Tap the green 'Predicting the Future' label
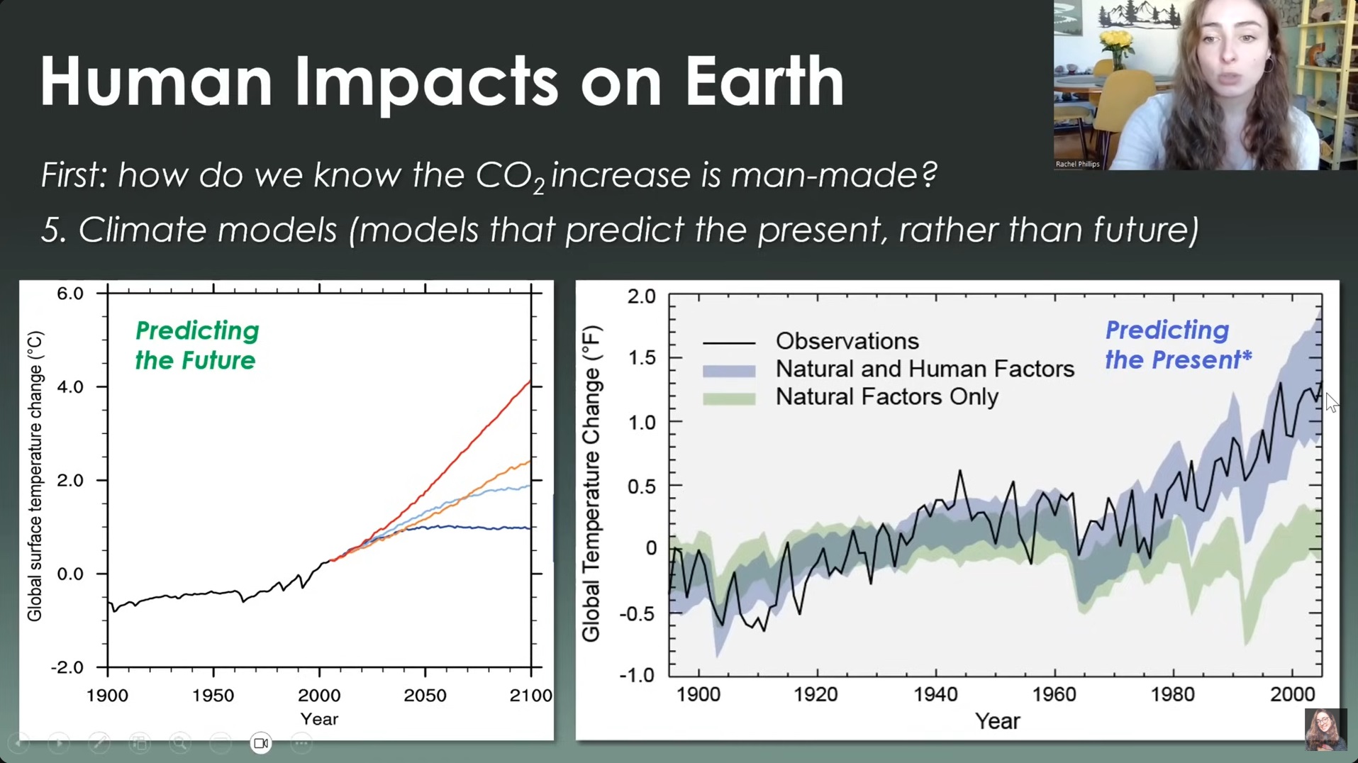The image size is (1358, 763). tap(196, 345)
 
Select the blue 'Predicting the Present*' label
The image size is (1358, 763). tap(1178, 345)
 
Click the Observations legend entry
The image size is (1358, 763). tap(847, 341)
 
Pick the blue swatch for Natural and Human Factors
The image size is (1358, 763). tap(728, 370)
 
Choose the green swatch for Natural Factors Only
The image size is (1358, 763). tap(728, 398)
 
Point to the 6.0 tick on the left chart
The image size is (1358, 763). tap(70, 294)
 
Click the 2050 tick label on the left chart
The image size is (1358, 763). tap(425, 696)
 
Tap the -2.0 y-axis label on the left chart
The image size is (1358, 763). tap(67, 667)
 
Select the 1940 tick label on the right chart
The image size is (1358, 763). tap(935, 694)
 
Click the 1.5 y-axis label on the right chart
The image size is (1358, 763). tap(642, 358)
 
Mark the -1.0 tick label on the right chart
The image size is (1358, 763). tap(637, 675)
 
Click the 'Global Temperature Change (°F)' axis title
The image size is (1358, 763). tap(591, 484)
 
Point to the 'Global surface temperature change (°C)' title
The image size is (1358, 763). tap(35, 477)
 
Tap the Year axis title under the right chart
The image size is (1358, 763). tap(997, 721)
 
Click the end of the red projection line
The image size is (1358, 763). tap(530, 382)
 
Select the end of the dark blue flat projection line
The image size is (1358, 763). tap(529, 528)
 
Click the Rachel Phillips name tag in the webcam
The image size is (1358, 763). tap(1077, 164)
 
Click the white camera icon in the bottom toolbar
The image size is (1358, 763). tap(261, 743)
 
